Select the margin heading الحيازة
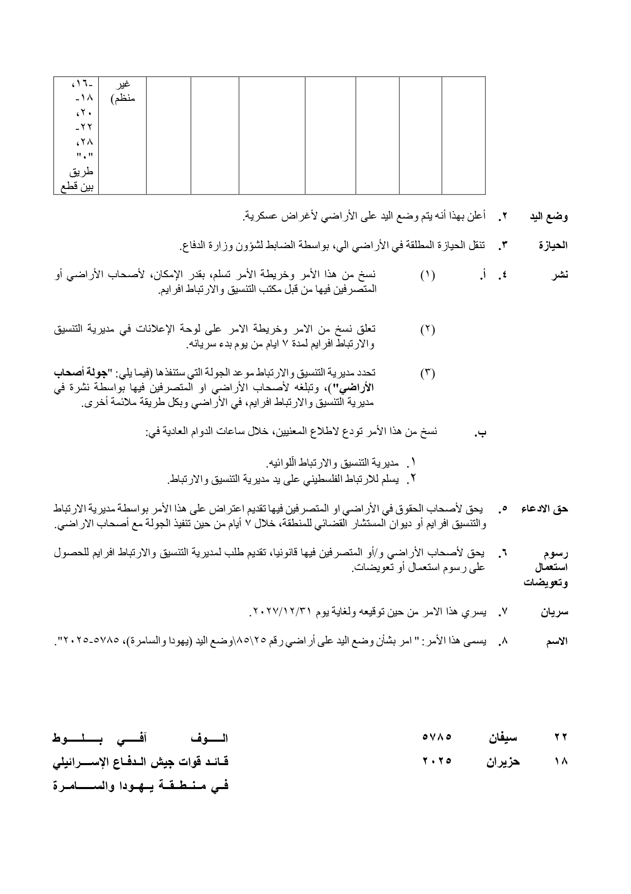553,246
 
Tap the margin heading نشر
560,275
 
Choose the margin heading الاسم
556,642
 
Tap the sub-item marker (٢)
427,329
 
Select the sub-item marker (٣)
427,373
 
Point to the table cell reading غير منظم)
123,91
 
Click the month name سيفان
503,737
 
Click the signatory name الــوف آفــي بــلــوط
141,737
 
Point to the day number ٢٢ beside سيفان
560,737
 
